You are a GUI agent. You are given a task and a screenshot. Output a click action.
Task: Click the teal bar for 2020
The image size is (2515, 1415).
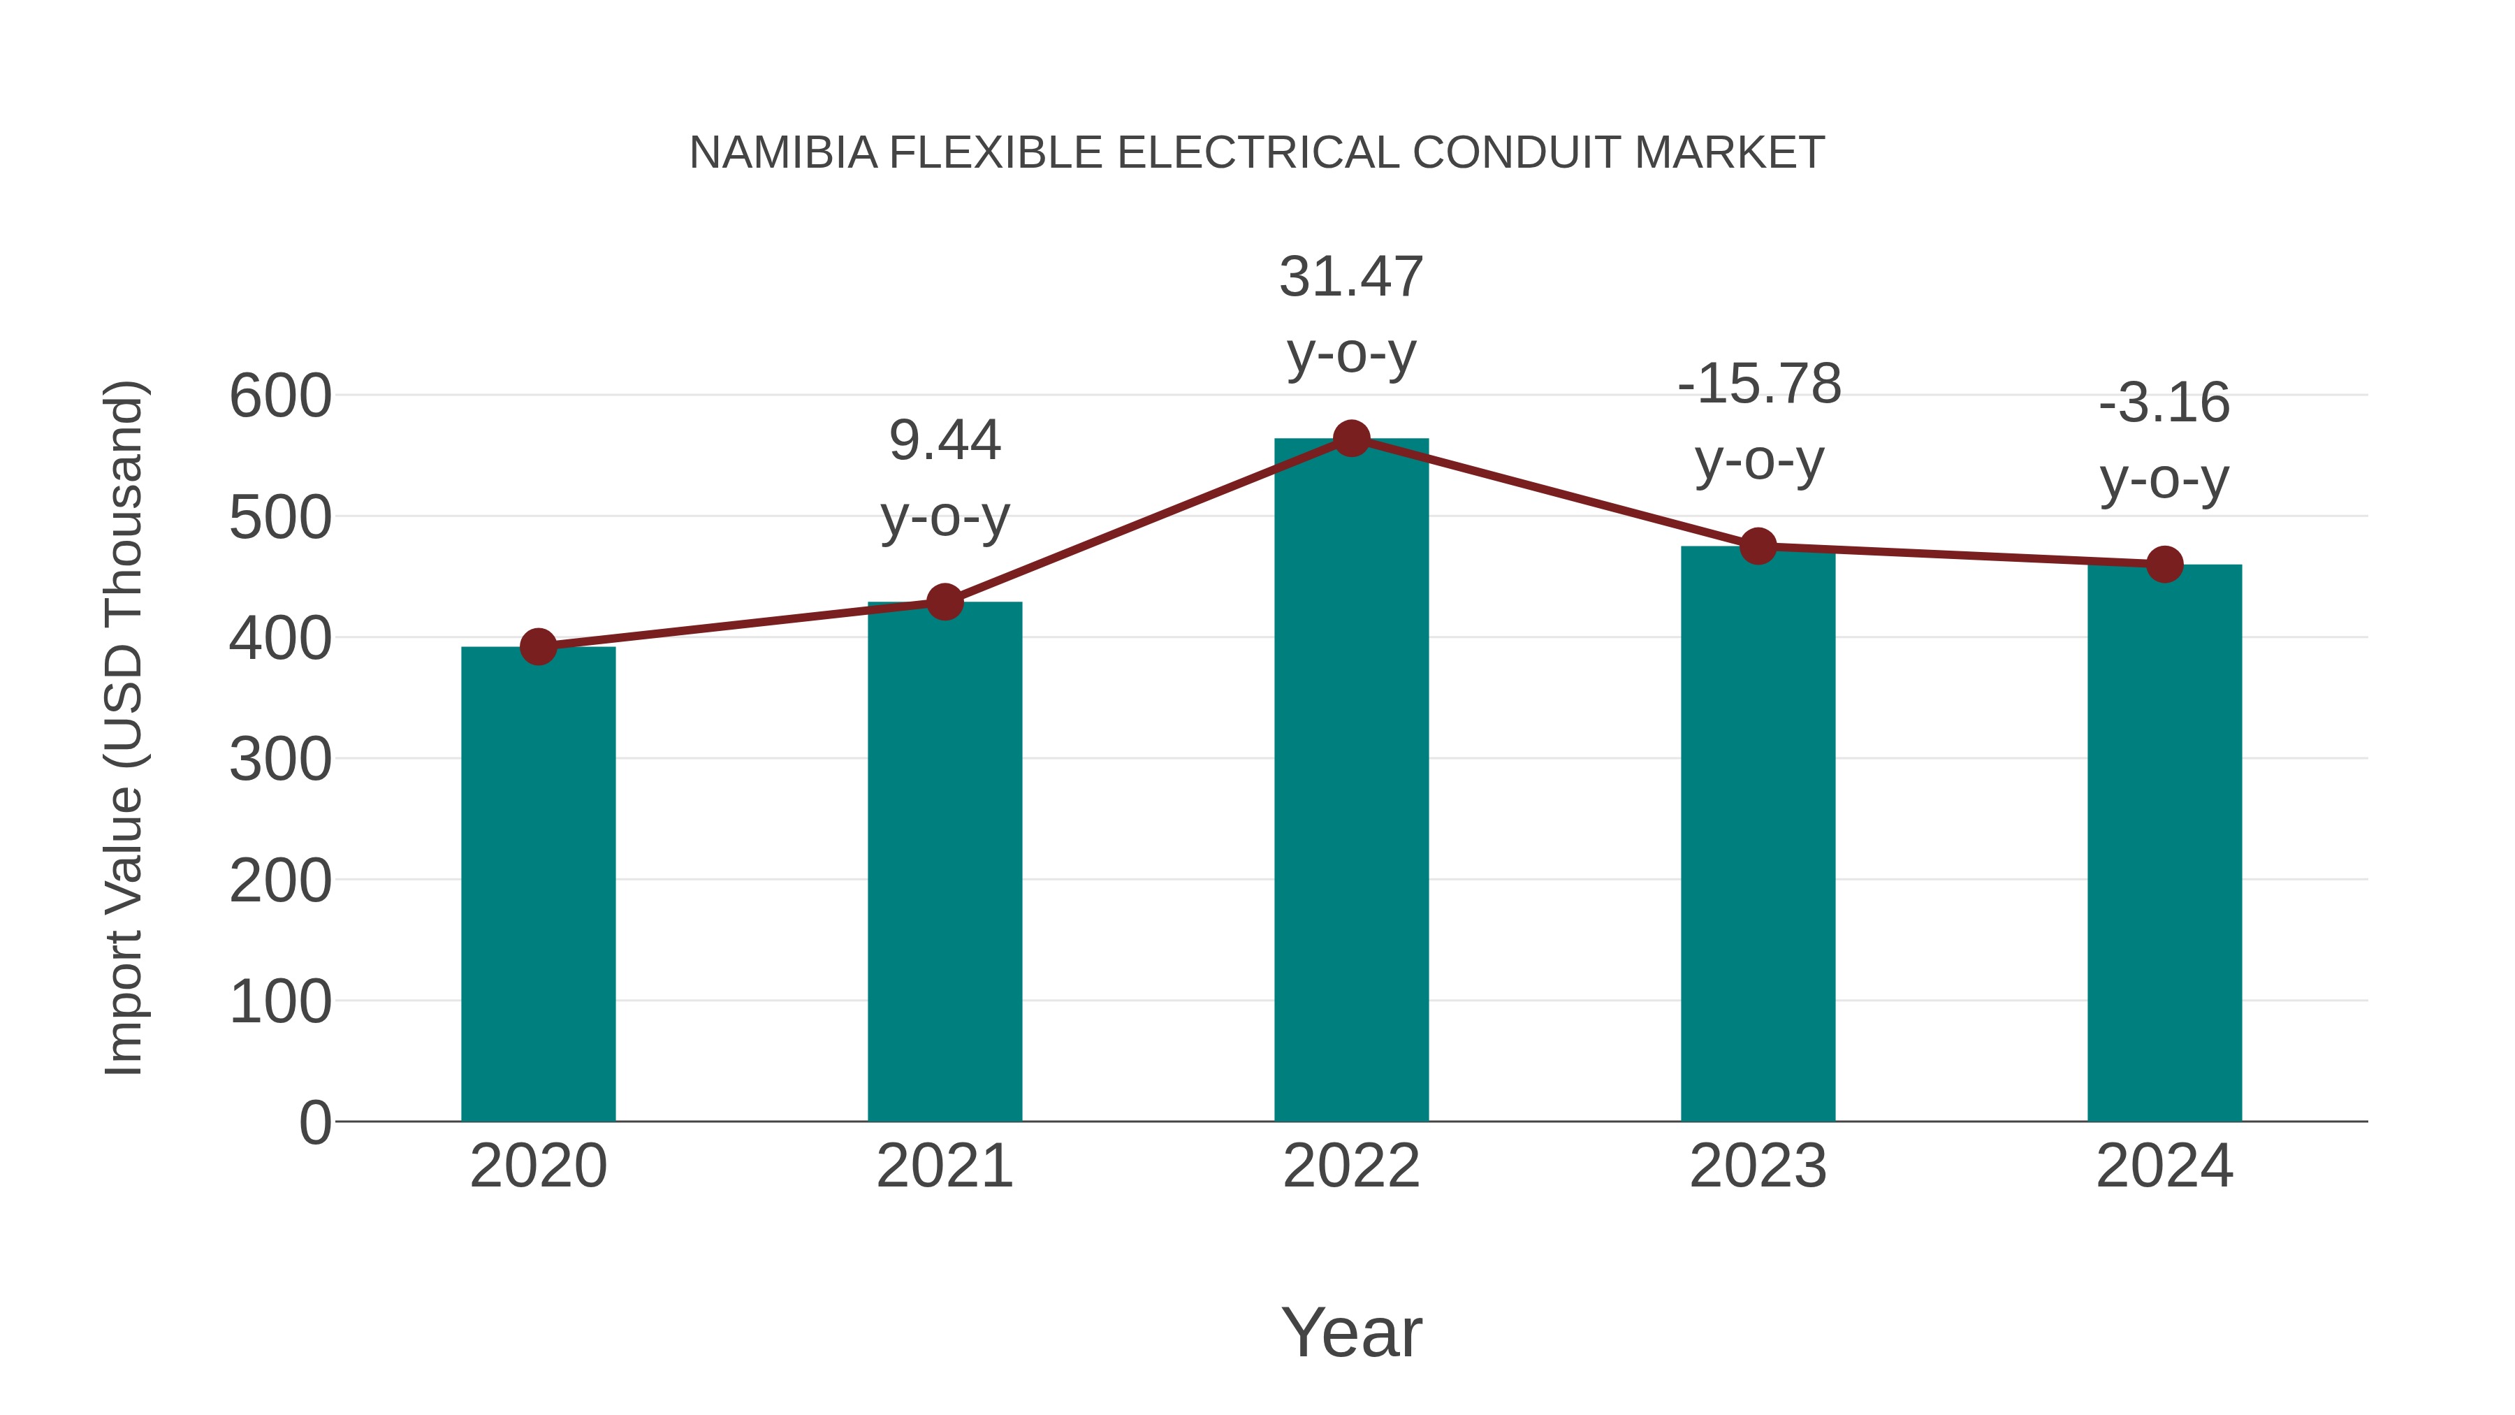(x=538, y=884)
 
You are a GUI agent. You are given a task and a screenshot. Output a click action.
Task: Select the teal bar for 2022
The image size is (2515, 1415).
(x=1351, y=781)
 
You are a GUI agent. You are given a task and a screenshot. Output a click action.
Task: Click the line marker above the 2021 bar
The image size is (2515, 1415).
(x=944, y=602)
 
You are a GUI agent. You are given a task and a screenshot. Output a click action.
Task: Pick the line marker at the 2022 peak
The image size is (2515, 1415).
(x=1351, y=440)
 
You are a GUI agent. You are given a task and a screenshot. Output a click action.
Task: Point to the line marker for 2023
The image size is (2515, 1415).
(x=1758, y=547)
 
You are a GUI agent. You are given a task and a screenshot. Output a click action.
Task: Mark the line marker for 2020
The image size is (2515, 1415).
(x=538, y=646)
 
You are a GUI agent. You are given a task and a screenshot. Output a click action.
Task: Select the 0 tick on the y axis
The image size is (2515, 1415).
(x=314, y=1123)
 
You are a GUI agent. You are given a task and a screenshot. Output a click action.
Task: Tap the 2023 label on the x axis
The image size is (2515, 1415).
(x=1758, y=1167)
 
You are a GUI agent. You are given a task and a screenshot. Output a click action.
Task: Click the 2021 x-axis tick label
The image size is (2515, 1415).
(x=944, y=1167)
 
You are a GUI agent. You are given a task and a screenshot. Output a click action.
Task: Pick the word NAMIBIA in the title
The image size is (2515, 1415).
(x=783, y=153)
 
